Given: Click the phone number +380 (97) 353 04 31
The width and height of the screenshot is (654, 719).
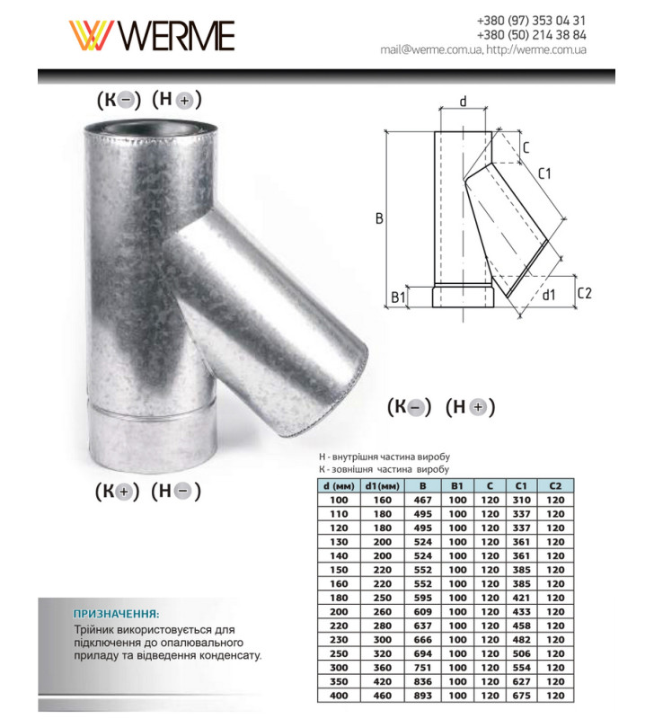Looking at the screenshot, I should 532,20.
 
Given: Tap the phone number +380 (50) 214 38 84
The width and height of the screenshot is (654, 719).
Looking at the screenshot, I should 532,34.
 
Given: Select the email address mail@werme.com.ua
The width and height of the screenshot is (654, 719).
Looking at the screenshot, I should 429,49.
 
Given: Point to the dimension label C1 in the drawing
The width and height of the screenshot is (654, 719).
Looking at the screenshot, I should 544,173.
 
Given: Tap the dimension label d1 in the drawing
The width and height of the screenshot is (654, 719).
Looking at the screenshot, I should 548,293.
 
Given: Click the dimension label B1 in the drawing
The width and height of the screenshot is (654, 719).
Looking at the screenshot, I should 400,296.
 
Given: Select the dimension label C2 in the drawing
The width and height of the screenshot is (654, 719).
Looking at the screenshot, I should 584,293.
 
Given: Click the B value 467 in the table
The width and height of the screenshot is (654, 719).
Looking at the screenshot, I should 416,499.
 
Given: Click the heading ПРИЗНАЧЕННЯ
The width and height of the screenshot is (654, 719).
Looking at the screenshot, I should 116,613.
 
